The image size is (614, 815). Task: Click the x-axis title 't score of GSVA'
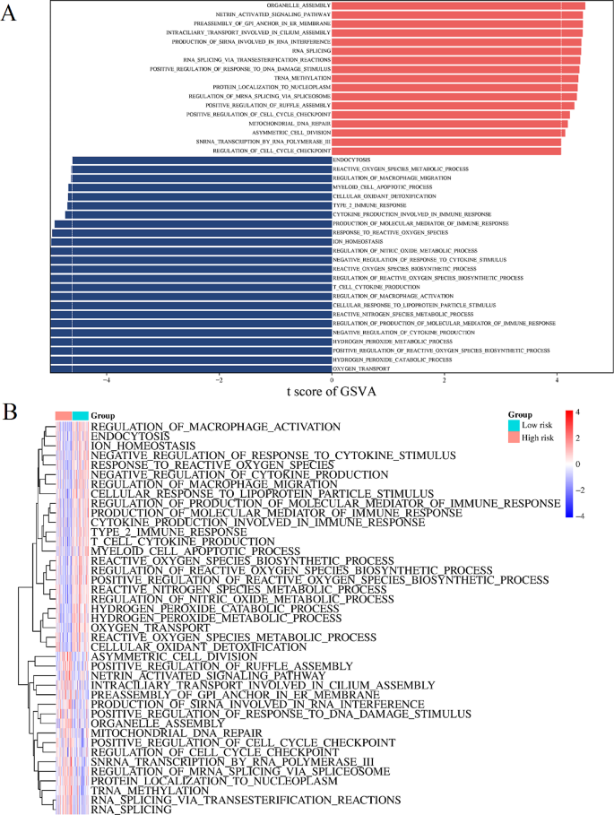click(x=331, y=391)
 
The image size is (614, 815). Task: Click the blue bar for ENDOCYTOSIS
click(x=201, y=160)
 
